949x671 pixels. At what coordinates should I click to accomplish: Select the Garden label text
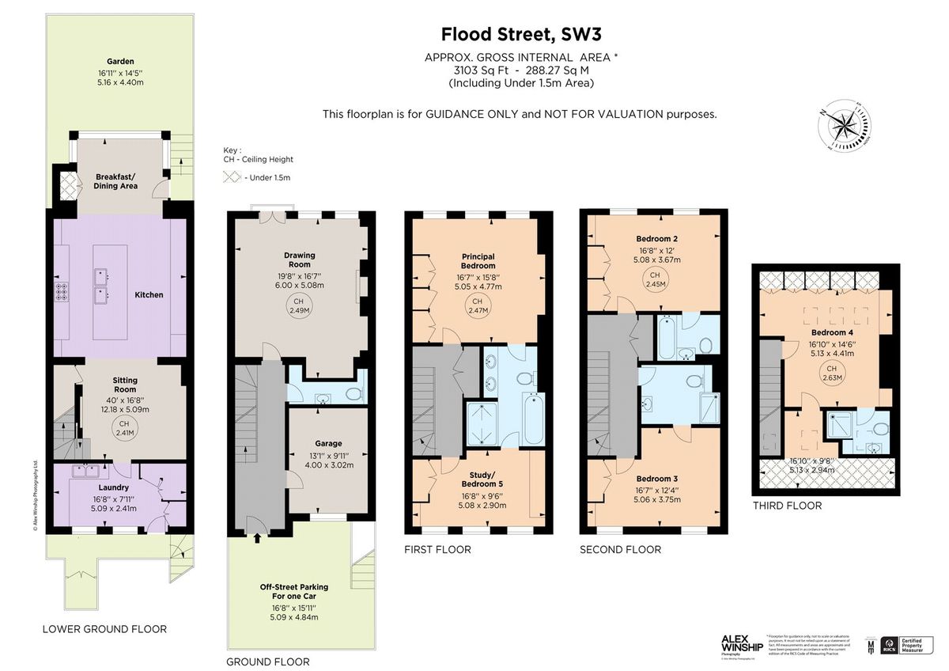coord(121,61)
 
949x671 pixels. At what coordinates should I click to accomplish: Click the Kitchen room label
coord(149,295)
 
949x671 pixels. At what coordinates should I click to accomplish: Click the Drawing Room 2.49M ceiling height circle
coord(299,306)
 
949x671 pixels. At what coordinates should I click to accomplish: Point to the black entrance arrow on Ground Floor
coord(256,539)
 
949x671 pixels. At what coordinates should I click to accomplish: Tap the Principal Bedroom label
coord(478,261)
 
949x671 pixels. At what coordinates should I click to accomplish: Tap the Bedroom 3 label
coord(656,479)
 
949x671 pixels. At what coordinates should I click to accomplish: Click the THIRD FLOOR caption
coord(787,506)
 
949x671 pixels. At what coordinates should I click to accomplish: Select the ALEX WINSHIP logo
coord(739,644)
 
